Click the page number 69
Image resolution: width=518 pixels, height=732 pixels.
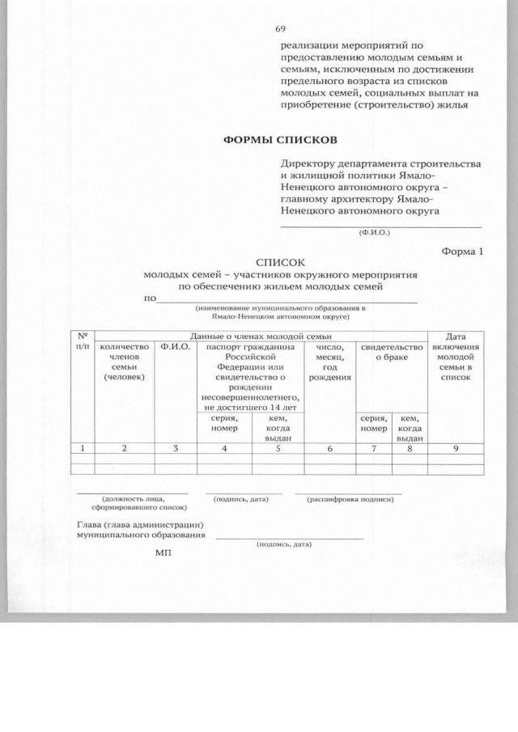281,28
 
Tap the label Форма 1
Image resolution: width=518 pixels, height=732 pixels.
461,251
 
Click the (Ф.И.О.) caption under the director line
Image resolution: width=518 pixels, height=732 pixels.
374,232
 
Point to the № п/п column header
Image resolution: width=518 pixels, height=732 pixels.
83,341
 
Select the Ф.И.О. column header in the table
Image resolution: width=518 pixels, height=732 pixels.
176,347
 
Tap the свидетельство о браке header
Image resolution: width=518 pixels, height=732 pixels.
391,352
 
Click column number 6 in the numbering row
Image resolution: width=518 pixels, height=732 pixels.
329,447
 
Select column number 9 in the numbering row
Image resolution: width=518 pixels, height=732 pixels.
456,447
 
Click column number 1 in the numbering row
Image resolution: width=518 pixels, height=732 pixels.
83,447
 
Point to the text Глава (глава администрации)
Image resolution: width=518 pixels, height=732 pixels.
134,525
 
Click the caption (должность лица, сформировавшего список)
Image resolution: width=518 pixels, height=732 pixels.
132,503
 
